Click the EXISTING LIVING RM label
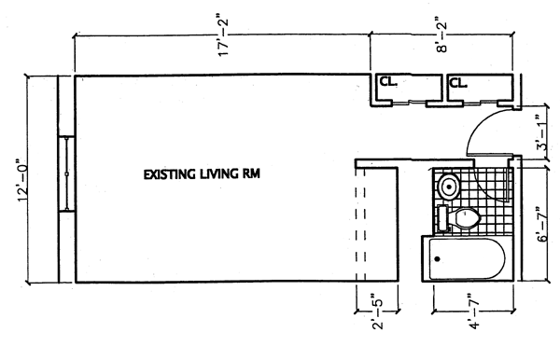click(x=202, y=174)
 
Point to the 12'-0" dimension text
click(x=22, y=181)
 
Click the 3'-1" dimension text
click(x=541, y=132)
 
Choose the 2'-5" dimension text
click(x=377, y=312)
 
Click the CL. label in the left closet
click(x=388, y=81)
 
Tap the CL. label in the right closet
click(x=458, y=83)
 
